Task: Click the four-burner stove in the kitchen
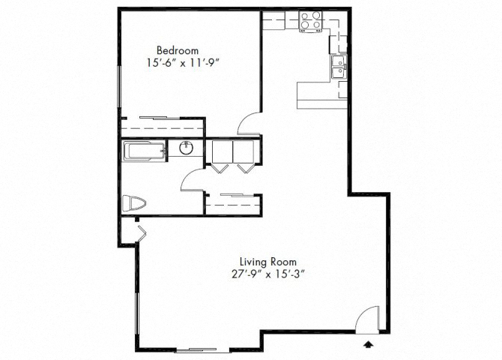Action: pyautogui.click(x=311, y=22)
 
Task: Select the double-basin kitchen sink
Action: pyautogui.click(x=339, y=67)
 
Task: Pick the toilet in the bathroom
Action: pyautogui.click(x=136, y=203)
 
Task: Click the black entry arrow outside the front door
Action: pyautogui.click(x=367, y=344)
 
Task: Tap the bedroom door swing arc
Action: pyautogui.click(x=250, y=124)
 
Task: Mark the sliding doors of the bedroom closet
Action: pyautogui.click(x=161, y=118)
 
